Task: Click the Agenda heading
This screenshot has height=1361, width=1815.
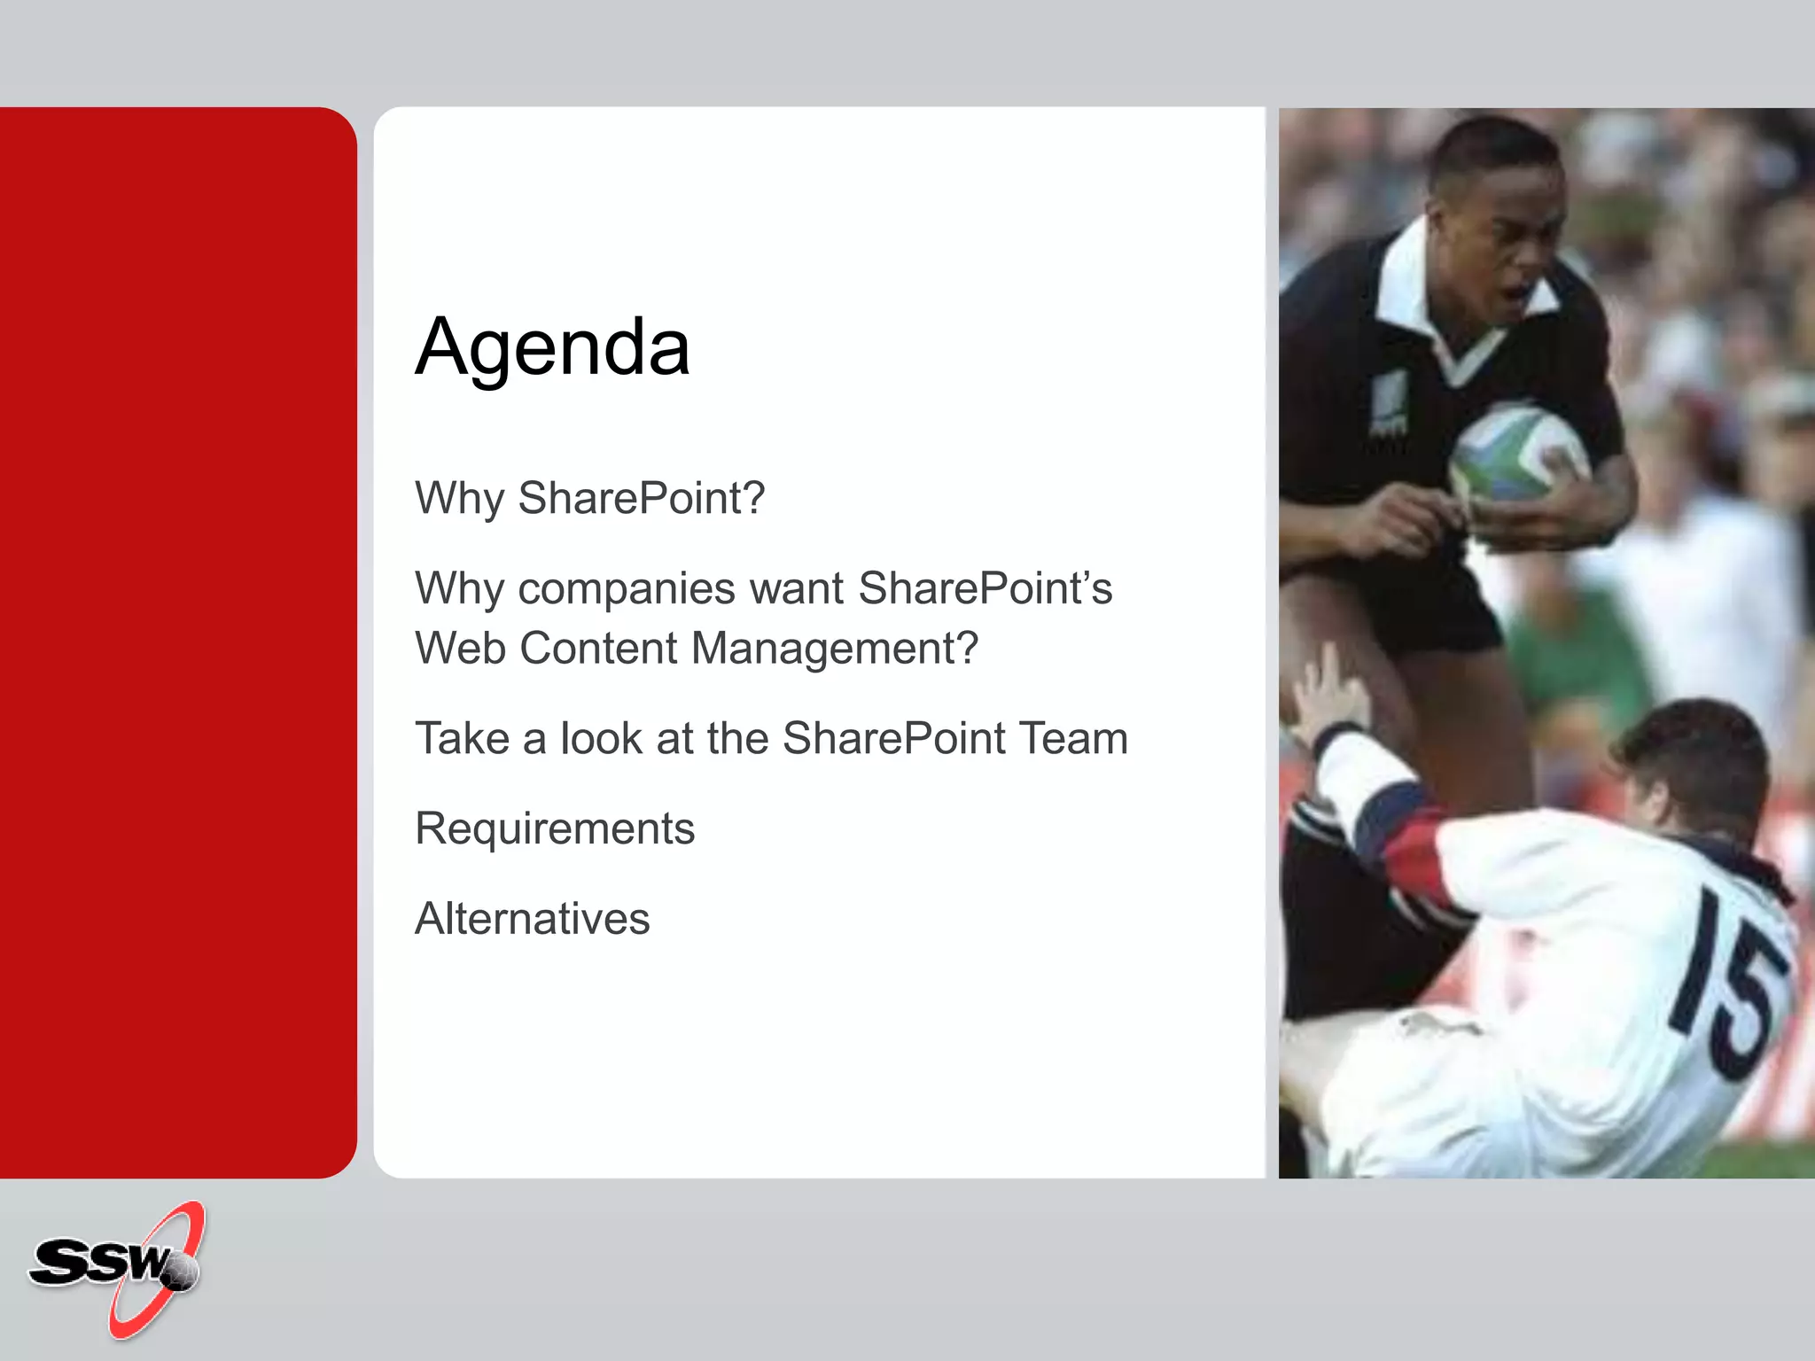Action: (x=552, y=347)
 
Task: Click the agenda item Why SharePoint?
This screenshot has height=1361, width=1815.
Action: (x=589, y=498)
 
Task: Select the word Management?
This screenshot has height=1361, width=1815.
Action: (x=834, y=649)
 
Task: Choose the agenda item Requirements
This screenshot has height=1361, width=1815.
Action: (x=555, y=829)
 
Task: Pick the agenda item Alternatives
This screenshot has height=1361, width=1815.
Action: (x=532, y=919)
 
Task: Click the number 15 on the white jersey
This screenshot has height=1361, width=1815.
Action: (x=1728, y=984)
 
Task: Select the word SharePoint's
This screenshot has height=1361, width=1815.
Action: (x=985, y=589)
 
